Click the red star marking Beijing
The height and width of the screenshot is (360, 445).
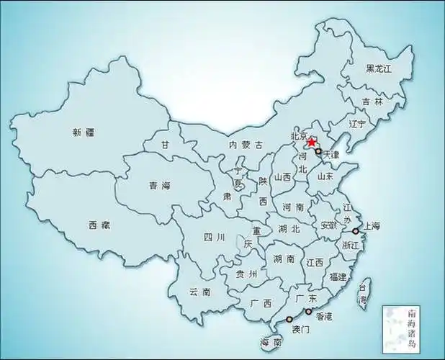(x=312, y=143)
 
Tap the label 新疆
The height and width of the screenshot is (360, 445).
(x=84, y=132)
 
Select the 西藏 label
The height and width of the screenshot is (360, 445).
(x=100, y=225)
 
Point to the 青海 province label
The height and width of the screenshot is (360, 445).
(x=160, y=186)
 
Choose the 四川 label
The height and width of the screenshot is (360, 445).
(x=215, y=237)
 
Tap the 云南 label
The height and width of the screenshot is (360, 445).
(x=199, y=292)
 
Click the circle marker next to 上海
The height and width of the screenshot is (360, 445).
(x=356, y=231)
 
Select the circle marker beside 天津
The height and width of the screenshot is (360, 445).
(x=318, y=152)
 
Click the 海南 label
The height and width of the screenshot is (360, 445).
(x=271, y=343)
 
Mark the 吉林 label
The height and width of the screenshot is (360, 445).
(x=373, y=102)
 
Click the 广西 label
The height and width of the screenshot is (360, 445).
(x=261, y=303)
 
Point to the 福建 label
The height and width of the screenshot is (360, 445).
(x=337, y=277)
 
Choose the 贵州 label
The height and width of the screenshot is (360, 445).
(x=247, y=274)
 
